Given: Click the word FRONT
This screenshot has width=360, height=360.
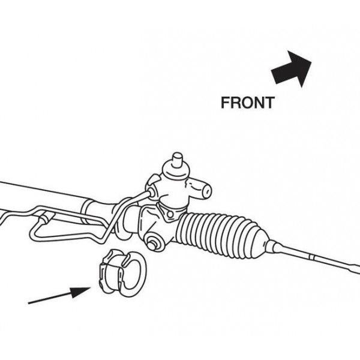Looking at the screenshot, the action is coord(248,103).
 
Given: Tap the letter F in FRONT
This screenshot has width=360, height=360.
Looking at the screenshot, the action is coord(225,103).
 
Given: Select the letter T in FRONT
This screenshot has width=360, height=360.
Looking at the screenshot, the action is coord(270,103).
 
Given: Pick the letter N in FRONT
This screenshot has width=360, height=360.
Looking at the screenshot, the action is coord(259,103).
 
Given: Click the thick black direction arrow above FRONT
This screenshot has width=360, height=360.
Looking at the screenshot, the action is coord(292,69).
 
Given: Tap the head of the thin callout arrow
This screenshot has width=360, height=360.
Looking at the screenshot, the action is coord(80,292).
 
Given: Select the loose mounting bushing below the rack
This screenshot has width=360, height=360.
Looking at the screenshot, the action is coord(122,273).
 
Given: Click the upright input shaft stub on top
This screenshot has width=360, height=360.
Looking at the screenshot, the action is coord(177,160).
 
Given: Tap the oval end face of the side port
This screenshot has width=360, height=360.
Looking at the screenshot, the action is coord(207,191).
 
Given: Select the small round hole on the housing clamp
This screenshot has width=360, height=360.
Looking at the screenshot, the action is coord(170,214).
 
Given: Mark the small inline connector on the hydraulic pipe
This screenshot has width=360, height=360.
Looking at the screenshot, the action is coord(47,218).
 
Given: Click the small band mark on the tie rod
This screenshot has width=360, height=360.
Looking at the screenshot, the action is coord(311,257).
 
